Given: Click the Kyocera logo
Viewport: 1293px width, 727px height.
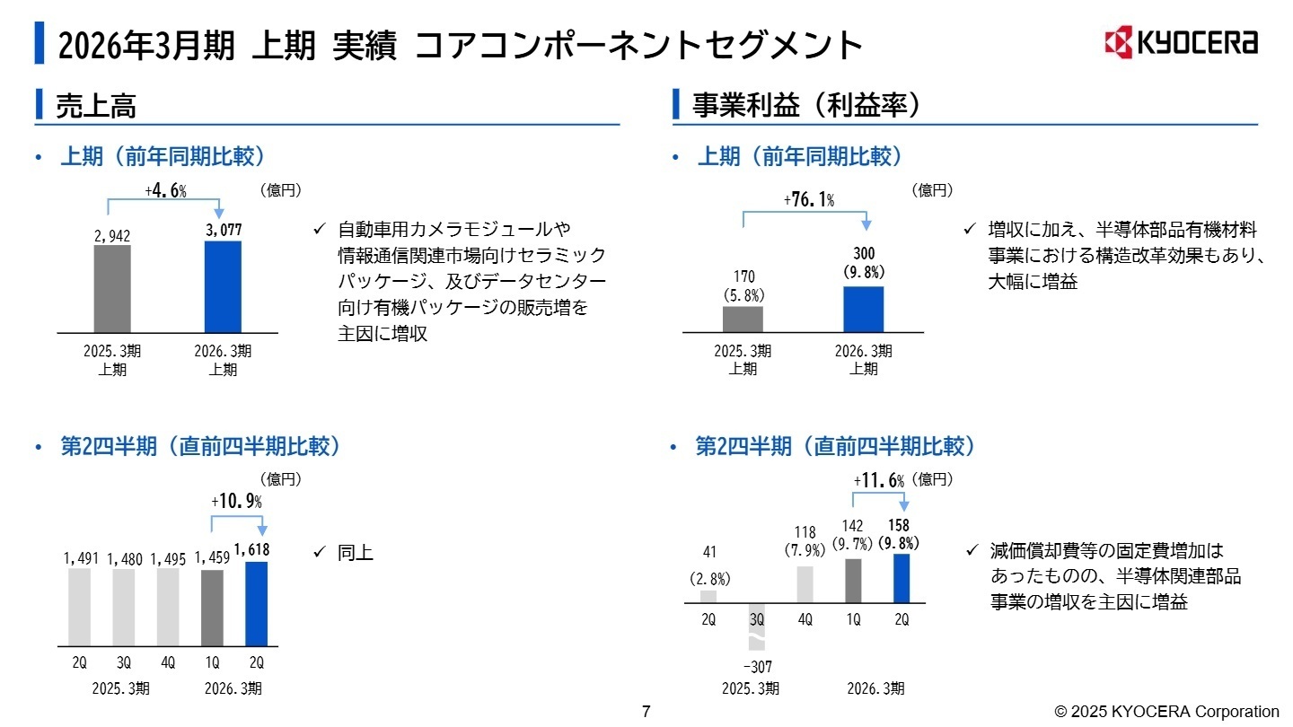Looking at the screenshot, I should click(1181, 42).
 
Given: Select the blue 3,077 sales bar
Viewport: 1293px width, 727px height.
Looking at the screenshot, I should click(224, 287).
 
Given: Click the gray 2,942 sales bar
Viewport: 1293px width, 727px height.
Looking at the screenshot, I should click(112, 289).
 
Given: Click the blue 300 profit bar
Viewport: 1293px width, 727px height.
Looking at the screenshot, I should click(864, 310).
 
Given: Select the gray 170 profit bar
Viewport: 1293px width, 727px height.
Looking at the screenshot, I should click(743, 320).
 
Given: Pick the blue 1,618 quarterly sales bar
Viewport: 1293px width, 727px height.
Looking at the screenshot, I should click(257, 603).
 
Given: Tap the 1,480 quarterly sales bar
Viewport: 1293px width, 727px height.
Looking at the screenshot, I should click(124, 607).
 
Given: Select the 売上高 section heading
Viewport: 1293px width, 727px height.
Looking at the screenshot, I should click(96, 107).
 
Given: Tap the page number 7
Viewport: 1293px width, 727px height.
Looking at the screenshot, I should click(646, 712).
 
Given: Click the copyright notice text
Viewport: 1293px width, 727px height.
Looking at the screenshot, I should click(1166, 712).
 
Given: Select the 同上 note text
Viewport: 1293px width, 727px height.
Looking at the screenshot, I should click(356, 553).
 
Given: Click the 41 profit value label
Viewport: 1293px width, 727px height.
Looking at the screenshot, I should click(709, 551).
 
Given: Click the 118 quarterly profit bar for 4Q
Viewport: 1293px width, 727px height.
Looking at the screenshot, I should click(805, 583).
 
